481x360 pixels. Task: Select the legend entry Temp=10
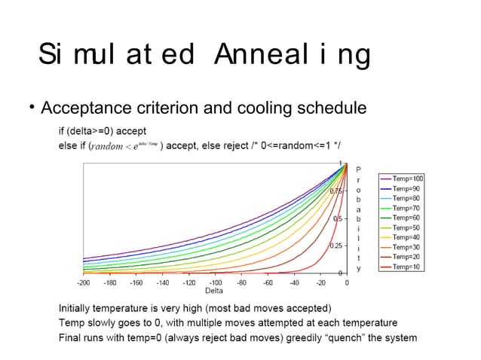tap(406, 267)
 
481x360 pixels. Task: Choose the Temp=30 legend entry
tap(406, 246)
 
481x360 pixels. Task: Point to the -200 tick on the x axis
tap(84, 283)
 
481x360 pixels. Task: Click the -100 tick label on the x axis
tap(216, 283)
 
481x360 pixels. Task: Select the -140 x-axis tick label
tap(163, 283)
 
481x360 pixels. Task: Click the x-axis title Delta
tap(214, 291)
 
